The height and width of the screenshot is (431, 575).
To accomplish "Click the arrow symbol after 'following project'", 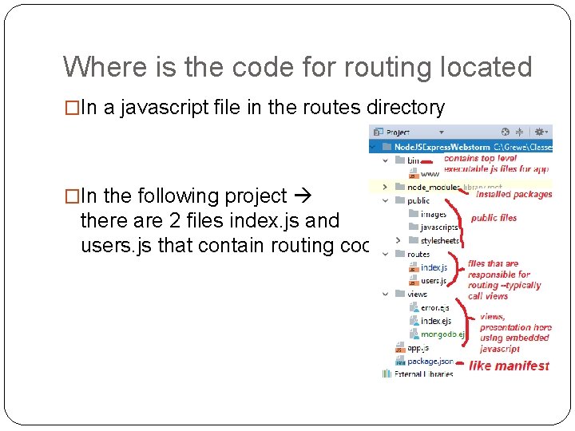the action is [x=304, y=196].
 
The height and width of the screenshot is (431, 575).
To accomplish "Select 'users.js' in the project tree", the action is [x=434, y=281].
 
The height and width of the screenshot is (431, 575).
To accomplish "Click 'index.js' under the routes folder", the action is [x=434, y=267].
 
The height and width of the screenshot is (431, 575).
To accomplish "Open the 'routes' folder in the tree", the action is [x=418, y=255].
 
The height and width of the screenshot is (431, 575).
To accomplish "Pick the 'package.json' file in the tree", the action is [x=430, y=362].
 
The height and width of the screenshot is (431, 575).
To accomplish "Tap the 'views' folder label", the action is [x=417, y=295].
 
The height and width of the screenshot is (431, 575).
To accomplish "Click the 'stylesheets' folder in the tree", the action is [x=439, y=240].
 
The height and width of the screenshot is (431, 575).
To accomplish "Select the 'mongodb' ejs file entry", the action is [x=442, y=334].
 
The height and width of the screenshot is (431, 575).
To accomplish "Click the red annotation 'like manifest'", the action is [x=509, y=366].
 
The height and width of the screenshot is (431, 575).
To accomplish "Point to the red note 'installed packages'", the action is [x=514, y=195].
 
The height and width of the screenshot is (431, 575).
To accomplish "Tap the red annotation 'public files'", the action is [x=494, y=218].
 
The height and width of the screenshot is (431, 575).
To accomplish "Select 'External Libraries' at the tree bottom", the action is [x=423, y=374].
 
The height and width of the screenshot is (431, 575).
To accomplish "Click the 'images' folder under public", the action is [x=434, y=214].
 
